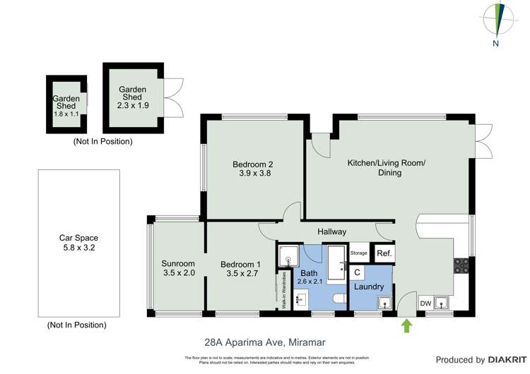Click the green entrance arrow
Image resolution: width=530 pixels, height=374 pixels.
tap(406, 325)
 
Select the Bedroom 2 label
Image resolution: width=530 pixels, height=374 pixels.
tap(252, 165)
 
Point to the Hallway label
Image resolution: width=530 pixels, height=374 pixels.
tap(331, 231)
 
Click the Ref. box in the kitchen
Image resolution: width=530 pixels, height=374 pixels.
tap(384, 253)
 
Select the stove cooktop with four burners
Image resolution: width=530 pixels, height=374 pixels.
tap(461, 266)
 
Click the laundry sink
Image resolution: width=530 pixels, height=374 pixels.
tap(383, 302)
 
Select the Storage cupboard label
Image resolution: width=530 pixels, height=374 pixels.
tap(358, 253)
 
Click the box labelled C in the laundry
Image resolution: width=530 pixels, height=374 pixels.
tap(357, 272)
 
